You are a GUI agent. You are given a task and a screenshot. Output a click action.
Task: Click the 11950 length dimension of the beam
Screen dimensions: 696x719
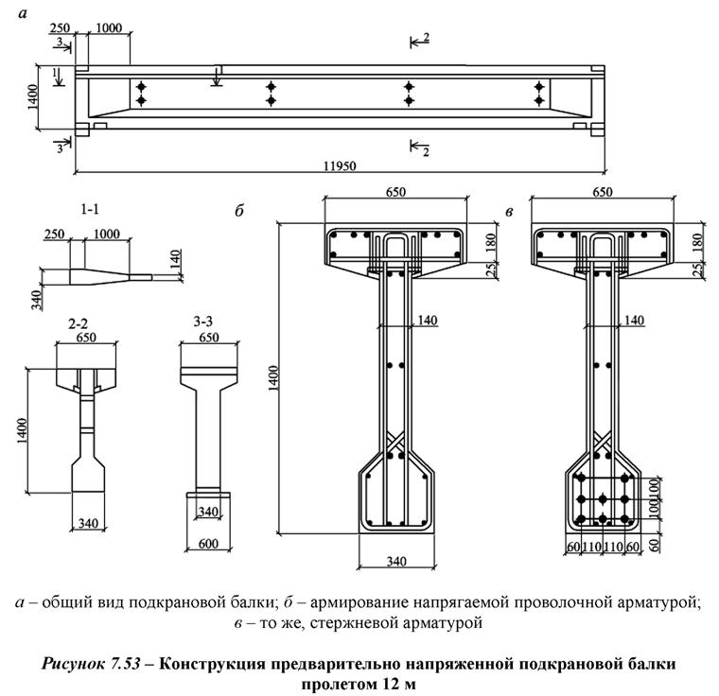click(340, 166)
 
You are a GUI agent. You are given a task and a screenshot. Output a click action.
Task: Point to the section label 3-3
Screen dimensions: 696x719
click(206, 322)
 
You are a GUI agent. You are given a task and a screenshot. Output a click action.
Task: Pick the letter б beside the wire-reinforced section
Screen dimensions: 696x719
click(239, 211)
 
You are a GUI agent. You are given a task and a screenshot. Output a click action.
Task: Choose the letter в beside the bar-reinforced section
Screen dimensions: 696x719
click(510, 211)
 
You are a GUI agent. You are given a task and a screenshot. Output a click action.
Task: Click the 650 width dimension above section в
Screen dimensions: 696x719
click(602, 192)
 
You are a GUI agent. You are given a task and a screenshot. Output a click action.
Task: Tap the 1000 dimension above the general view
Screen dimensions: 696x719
click(108, 29)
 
